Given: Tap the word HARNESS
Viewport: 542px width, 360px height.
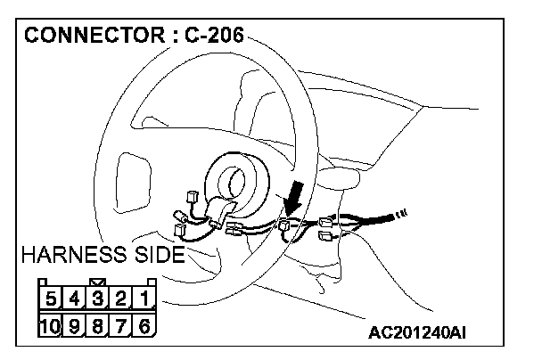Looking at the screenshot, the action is click(78, 256).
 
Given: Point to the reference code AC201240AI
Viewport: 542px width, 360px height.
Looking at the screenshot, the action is click(418, 334).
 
